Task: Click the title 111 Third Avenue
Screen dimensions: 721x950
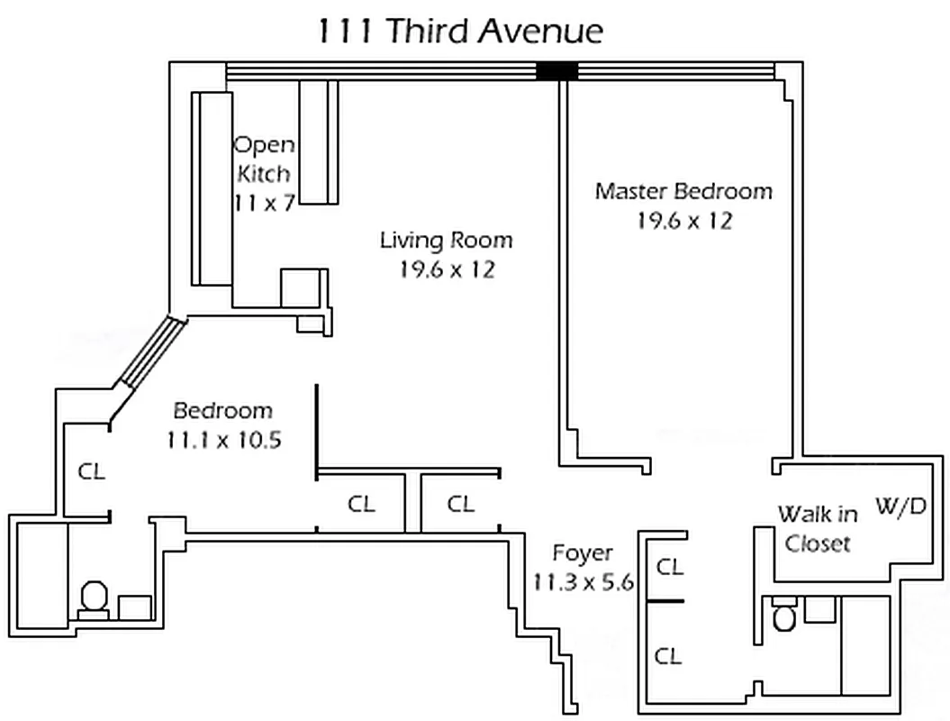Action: [459, 31]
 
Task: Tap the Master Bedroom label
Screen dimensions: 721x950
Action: [683, 191]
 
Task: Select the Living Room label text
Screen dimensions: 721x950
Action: [446, 241]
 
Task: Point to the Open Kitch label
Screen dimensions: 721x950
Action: [264, 159]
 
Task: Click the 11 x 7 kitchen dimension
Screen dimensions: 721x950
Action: [263, 203]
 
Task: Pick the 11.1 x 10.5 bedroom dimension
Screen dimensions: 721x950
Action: [222, 441]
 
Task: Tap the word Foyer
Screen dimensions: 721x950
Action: [583, 552]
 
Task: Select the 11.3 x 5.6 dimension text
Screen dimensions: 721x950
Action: [583, 582]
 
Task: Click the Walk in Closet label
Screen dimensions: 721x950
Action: [818, 529]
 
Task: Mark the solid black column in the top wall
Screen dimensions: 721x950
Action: [556, 71]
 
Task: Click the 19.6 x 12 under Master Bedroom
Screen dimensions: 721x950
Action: [683, 221]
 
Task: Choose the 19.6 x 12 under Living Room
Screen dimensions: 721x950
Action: [447, 269]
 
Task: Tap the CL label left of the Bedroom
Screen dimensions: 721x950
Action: [90, 470]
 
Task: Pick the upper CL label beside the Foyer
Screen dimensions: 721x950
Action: [668, 567]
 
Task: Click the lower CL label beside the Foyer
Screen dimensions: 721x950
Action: [668, 656]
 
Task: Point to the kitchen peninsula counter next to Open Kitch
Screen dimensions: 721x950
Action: [319, 141]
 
